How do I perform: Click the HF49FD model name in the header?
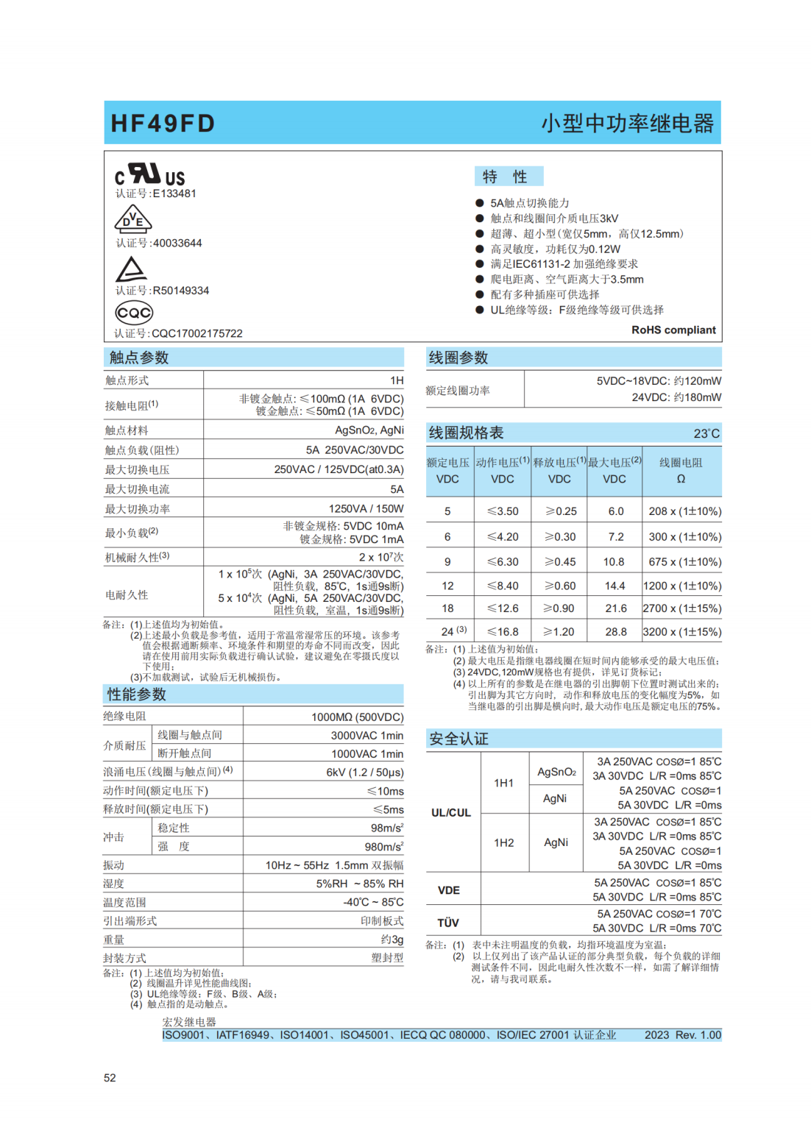click(x=163, y=123)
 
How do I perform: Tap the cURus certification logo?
click(x=149, y=174)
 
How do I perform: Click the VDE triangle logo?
click(x=132, y=219)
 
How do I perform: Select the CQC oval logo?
click(x=134, y=313)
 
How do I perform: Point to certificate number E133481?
click(x=174, y=193)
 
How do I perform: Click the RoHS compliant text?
click(x=673, y=330)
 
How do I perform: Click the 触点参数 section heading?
click(x=139, y=358)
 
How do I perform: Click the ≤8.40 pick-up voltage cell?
click(x=503, y=586)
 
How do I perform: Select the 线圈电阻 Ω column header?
click(x=681, y=471)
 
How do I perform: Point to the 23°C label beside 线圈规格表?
click(x=706, y=433)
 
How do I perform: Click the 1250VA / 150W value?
click(x=366, y=508)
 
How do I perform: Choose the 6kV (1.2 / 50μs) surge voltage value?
click(x=365, y=773)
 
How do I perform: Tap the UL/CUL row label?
click(x=450, y=812)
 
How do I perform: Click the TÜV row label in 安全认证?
click(x=448, y=923)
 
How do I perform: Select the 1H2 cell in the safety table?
click(x=504, y=842)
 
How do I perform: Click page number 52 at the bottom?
click(x=110, y=1078)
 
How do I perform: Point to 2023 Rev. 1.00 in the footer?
click(x=682, y=1034)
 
